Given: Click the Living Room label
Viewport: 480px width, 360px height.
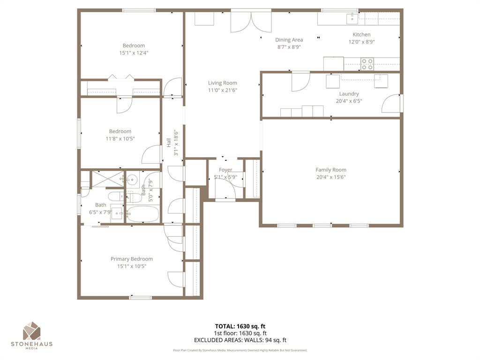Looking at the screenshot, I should coord(223,83).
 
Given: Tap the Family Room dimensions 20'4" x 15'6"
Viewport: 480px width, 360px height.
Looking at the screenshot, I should coord(331,177).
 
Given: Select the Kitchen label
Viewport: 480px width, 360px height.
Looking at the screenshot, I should coord(361,34).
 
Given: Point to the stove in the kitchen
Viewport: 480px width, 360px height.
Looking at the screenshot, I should coord(367,64).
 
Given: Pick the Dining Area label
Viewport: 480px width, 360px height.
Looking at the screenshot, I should coord(289,40).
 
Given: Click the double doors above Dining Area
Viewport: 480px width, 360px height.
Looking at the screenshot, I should coord(251,22).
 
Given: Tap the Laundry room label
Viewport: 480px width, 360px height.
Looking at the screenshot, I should coord(349,94).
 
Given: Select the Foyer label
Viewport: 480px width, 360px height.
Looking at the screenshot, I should coord(225,170).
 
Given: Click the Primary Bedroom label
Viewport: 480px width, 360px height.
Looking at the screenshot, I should coord(132,259).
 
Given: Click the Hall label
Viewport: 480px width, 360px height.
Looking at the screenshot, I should coord(169,142).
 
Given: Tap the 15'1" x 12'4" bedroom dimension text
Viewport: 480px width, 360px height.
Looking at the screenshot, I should coord(134,53).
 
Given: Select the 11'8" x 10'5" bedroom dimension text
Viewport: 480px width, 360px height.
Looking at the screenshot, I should coord(120,139).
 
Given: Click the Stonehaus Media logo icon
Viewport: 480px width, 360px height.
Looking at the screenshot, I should coord(32,330).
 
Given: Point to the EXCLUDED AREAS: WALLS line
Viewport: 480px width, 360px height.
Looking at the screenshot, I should coord(240,340).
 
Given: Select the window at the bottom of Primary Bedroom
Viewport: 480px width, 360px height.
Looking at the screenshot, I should coord(141,297).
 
